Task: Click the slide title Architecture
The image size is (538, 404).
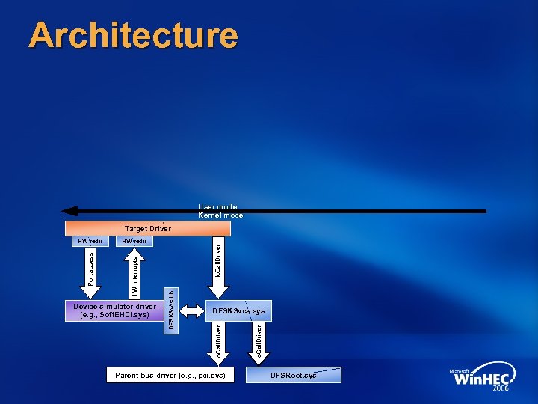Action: coord(133,35)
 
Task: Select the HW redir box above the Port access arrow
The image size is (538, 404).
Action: coord(90,241)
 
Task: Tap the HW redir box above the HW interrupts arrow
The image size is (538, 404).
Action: coord(135,241)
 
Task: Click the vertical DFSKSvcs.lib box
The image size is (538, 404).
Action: coord(171,310)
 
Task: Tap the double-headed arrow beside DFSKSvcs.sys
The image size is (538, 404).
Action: coord(191,310)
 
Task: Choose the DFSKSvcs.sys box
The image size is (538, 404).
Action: coord(238,310)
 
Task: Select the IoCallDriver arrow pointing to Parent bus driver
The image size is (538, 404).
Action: coord(218,342)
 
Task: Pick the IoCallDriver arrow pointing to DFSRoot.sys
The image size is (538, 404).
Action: coord(259,342)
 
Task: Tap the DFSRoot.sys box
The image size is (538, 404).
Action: coord(293,374)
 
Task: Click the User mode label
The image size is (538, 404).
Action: coord(217,206)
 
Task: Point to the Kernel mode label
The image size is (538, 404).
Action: coord(220,215)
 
